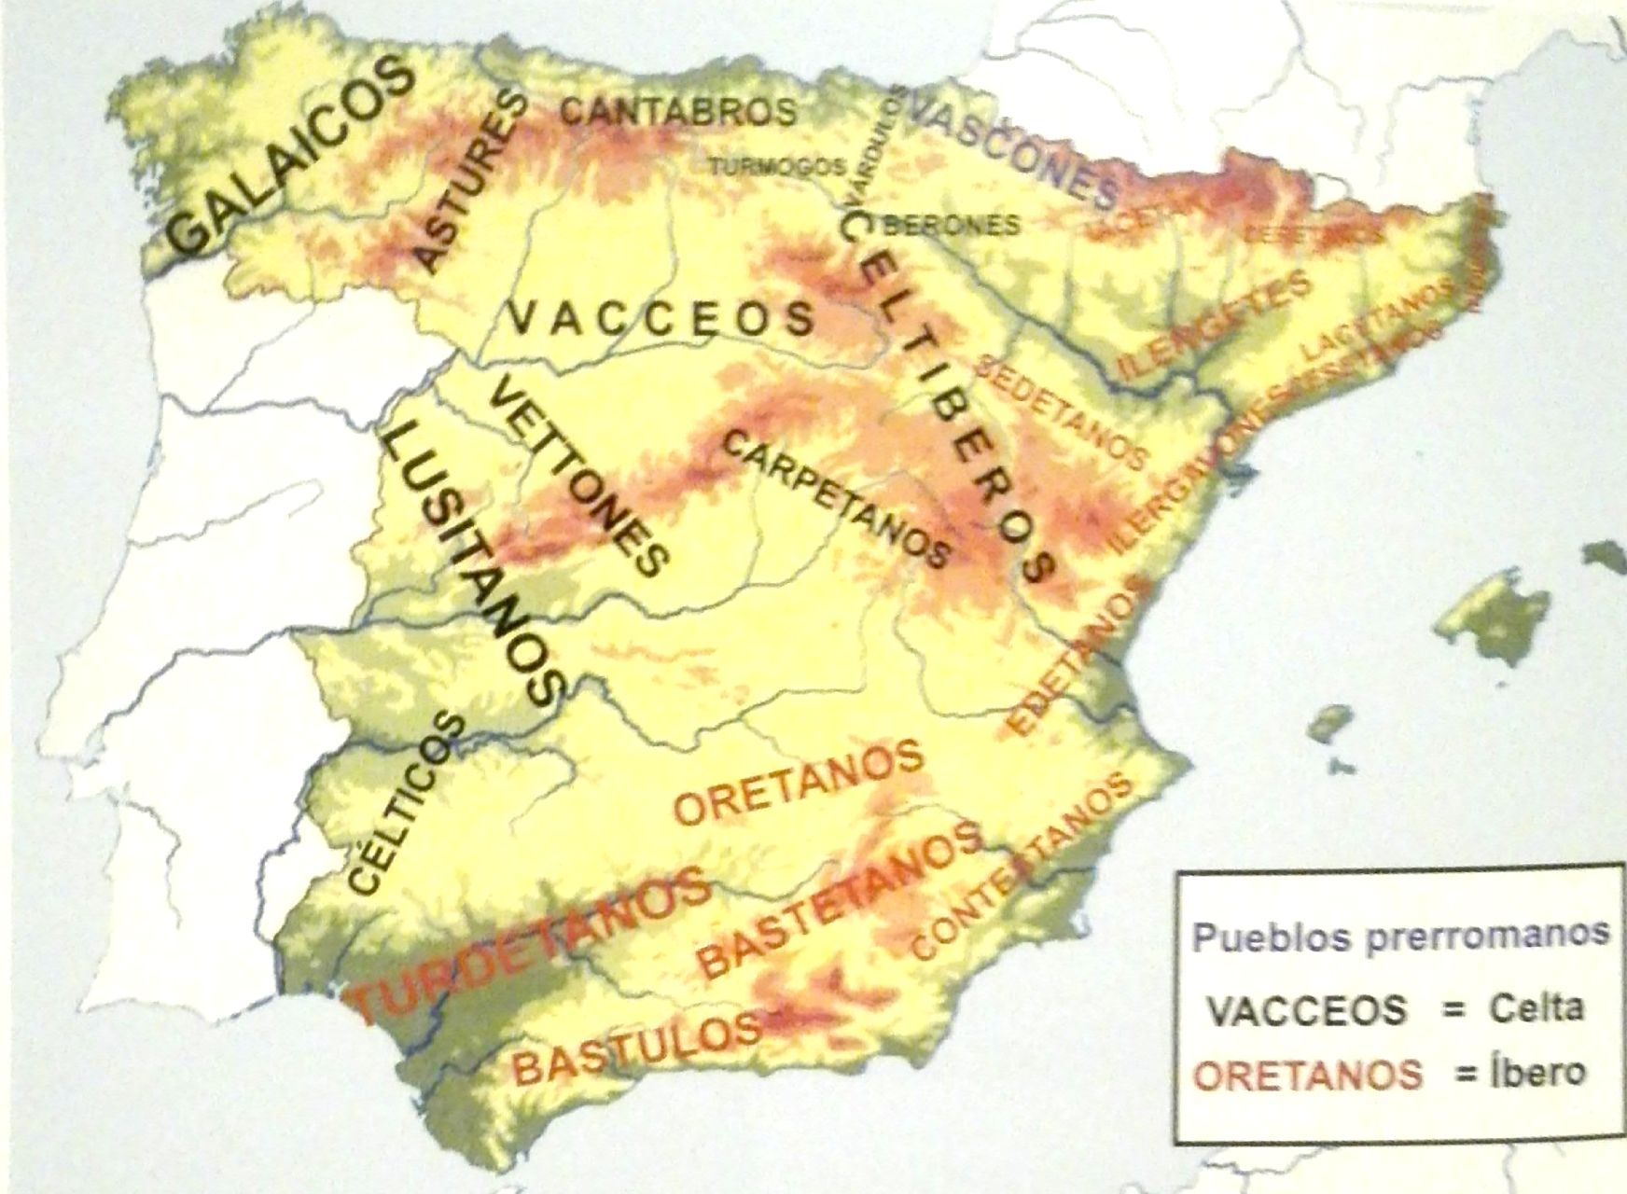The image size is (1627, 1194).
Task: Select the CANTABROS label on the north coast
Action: pos(678,112)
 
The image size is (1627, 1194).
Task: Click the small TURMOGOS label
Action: pos(777,167)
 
